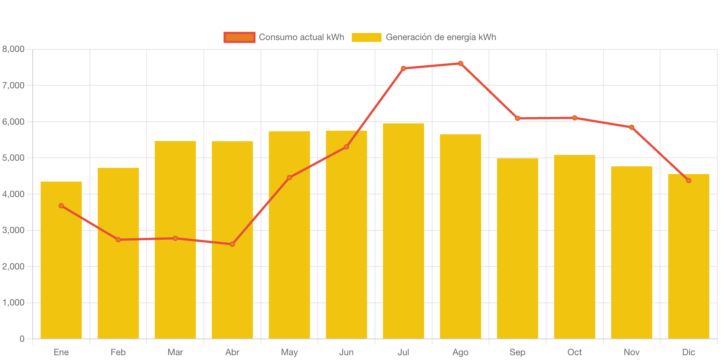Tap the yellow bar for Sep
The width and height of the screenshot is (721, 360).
pyautogui.click(x=518, y=248)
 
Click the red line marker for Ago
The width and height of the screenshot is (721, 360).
pyautogui.click(x=460, y=63)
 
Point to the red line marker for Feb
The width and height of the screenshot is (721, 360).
pyautogui.click(x=118, y=240)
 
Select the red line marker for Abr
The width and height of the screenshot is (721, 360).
pyautogui.click(x=232, y=244)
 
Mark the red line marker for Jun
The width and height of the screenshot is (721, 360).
pyautogui.click(x=346, y=147)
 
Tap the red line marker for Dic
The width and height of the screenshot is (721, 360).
pyautogui.click(x=689, y=181)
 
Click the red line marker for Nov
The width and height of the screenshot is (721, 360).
pyautogui.click(x=632, y=127)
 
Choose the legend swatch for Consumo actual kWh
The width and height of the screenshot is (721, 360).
pyautogui.click(x=239, y=37)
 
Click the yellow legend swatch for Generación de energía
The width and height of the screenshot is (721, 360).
pyautogui.click(x=366, y=37)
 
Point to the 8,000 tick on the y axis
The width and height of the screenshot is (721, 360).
pyautogui.click(x=13, y=49)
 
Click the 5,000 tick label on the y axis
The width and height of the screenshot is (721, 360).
pyautogui.click(x=13, y=158)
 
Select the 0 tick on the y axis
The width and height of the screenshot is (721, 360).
pyautogui.click(x=22, y=339)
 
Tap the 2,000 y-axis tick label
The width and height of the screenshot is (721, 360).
pyautogui.click(x=13, y=266)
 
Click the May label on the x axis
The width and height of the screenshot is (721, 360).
pyautogui.click(x=289, y=352)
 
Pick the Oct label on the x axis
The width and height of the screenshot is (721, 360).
pyautogui.click(x=574, y=352)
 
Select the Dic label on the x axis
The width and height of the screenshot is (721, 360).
pyautogui.click(x=689, y=352)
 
